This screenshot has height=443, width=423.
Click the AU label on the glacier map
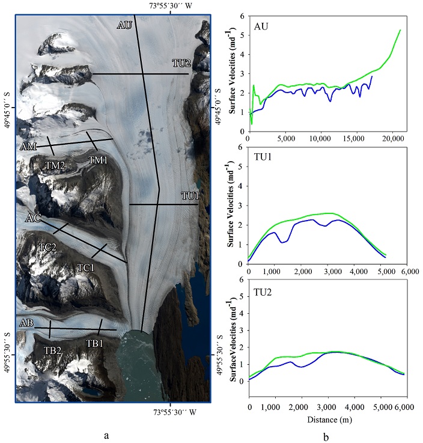pos(125,25)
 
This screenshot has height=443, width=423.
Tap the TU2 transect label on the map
pos(181,63)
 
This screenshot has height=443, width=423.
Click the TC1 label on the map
pos(86,266)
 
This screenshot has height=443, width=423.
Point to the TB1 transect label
pos(96,343)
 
